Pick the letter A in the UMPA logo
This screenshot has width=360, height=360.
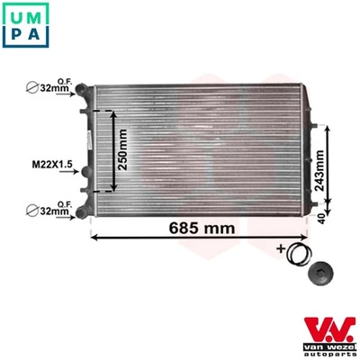(36, 36)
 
